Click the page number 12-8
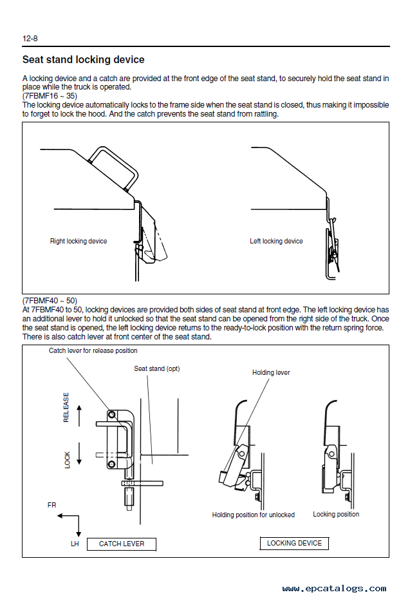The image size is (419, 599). (31, 39)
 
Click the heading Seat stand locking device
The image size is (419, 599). (84, 60)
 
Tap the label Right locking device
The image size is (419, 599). (79, 242)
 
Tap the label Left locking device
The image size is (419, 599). (276, 242)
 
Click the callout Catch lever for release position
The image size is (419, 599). (93, 351)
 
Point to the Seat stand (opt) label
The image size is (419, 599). (156, 368)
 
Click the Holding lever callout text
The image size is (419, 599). (271, 372)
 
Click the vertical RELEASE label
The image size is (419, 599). (66, 408)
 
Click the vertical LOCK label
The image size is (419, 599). (68, 459)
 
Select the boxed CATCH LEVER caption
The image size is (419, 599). (122, 544)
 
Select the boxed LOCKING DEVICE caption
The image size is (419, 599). (294, 543)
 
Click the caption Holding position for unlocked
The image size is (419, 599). (254, 515)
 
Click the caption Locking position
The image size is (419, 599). (336, 514)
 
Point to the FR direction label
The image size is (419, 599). (52, 505)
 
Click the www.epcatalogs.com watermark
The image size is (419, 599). (334, 588)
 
